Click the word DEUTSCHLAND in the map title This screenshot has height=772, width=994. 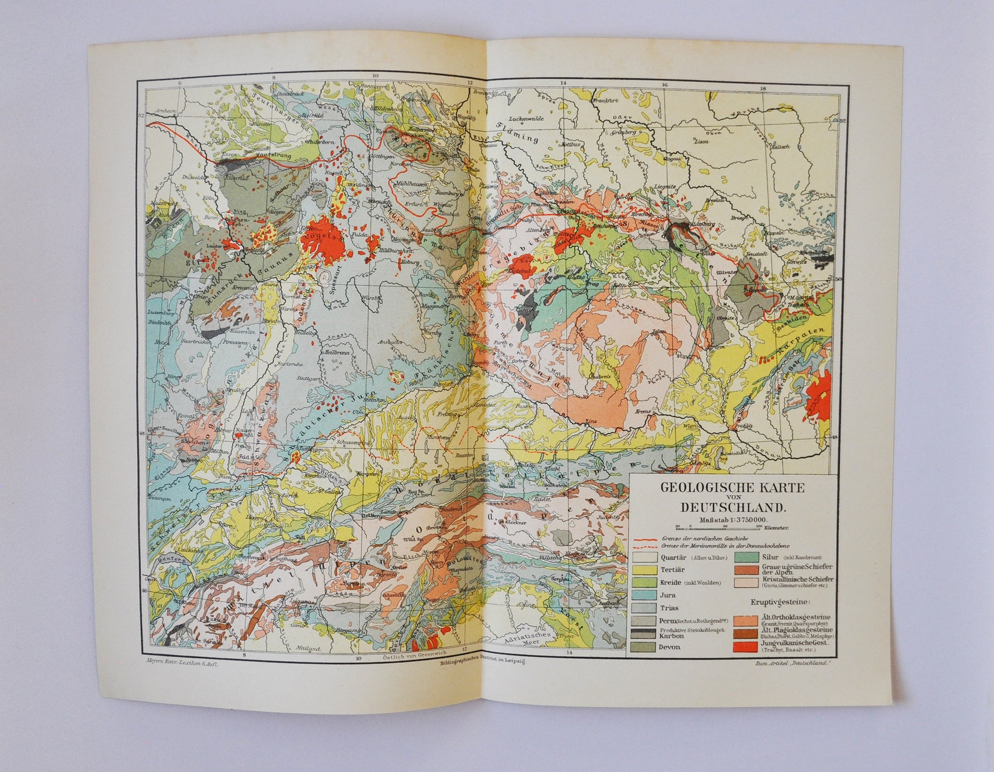(733, 507)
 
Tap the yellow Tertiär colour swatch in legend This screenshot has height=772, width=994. (645, 570)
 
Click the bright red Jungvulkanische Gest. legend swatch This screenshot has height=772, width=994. (747, 644)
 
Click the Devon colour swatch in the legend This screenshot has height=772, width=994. (645, 647)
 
